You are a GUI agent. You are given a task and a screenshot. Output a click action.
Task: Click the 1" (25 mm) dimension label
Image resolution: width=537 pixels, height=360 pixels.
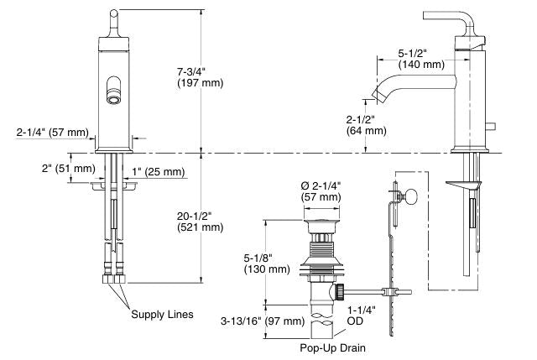pyautogui.click(x=158, y=172)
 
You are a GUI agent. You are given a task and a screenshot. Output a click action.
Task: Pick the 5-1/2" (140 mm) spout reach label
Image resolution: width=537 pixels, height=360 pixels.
pyautogui.click(x=420, y=58)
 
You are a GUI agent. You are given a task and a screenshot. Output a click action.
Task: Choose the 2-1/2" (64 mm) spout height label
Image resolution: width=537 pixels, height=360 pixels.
pyautogui.click(x=366, y=124)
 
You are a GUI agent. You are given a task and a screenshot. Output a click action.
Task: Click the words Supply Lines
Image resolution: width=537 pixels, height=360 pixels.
pyautogui.click(x=162, y=315)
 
